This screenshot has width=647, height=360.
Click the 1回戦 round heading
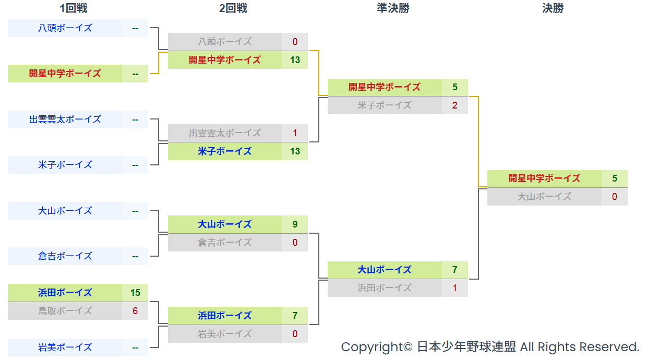tap(74, 8)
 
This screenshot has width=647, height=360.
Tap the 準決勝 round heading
tap(393, 8)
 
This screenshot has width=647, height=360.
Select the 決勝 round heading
tap(553, 8)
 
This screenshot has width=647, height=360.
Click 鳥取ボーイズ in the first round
tap(65, 311)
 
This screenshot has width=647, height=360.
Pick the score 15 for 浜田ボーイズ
tap(135, 293)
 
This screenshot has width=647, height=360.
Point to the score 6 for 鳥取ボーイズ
tap(135, 311)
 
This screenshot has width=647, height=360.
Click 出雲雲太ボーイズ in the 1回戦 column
tap(65, 119)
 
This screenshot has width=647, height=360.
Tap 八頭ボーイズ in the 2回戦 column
tap(225, 42)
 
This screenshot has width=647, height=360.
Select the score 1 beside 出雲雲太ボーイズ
tap(295, 133)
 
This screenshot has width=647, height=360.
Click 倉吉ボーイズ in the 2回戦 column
tap(225, 243)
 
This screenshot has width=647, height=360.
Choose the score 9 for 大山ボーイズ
tap(295, 224)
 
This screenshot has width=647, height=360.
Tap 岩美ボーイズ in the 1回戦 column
tap(65, 347)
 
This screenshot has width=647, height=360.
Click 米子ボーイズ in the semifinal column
tap(385, 105)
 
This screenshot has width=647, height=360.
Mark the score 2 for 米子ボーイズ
tap(454, 105)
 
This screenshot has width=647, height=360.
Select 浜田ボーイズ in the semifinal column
tap(385, 288)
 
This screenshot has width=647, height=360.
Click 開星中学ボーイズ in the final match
tap(544, 178)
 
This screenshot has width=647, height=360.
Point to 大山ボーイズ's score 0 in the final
tap(614, 197)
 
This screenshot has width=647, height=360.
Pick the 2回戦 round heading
tap(233, 8)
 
